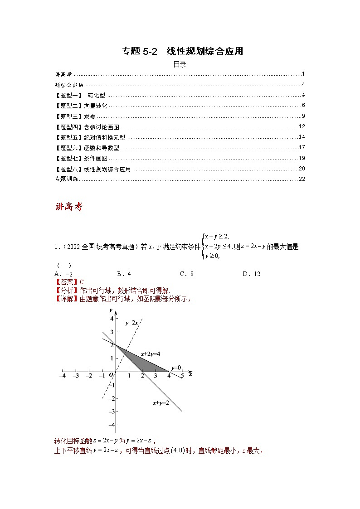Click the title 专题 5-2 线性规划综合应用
coord(182,51)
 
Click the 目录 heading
coord(180,64)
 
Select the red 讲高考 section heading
coord(69,207)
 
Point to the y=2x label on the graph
coord(131,323)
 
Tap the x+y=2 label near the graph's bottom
coord(161,402)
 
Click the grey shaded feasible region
coord(145,363)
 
